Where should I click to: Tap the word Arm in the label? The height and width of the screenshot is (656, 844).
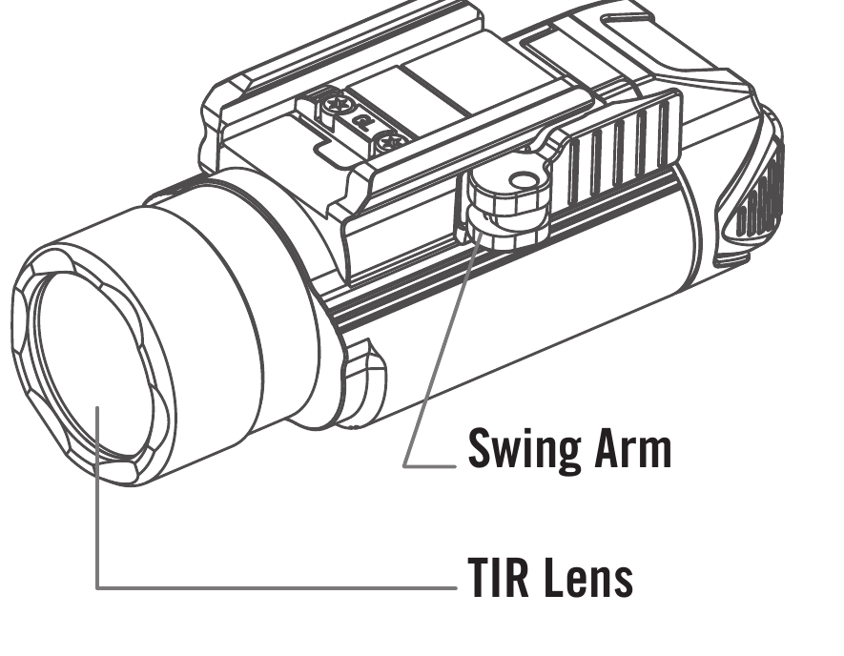coord(633,448)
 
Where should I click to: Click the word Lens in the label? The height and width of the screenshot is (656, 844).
coord(587,577)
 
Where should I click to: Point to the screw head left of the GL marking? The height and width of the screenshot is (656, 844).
coord(338,103)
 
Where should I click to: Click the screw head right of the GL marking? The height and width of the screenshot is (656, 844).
coord(390,143)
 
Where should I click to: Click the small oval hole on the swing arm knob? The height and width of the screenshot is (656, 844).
coord(524,181)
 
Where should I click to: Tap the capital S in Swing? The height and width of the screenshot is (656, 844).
coord(480,448)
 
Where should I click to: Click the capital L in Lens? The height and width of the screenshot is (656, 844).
coord(553,577)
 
